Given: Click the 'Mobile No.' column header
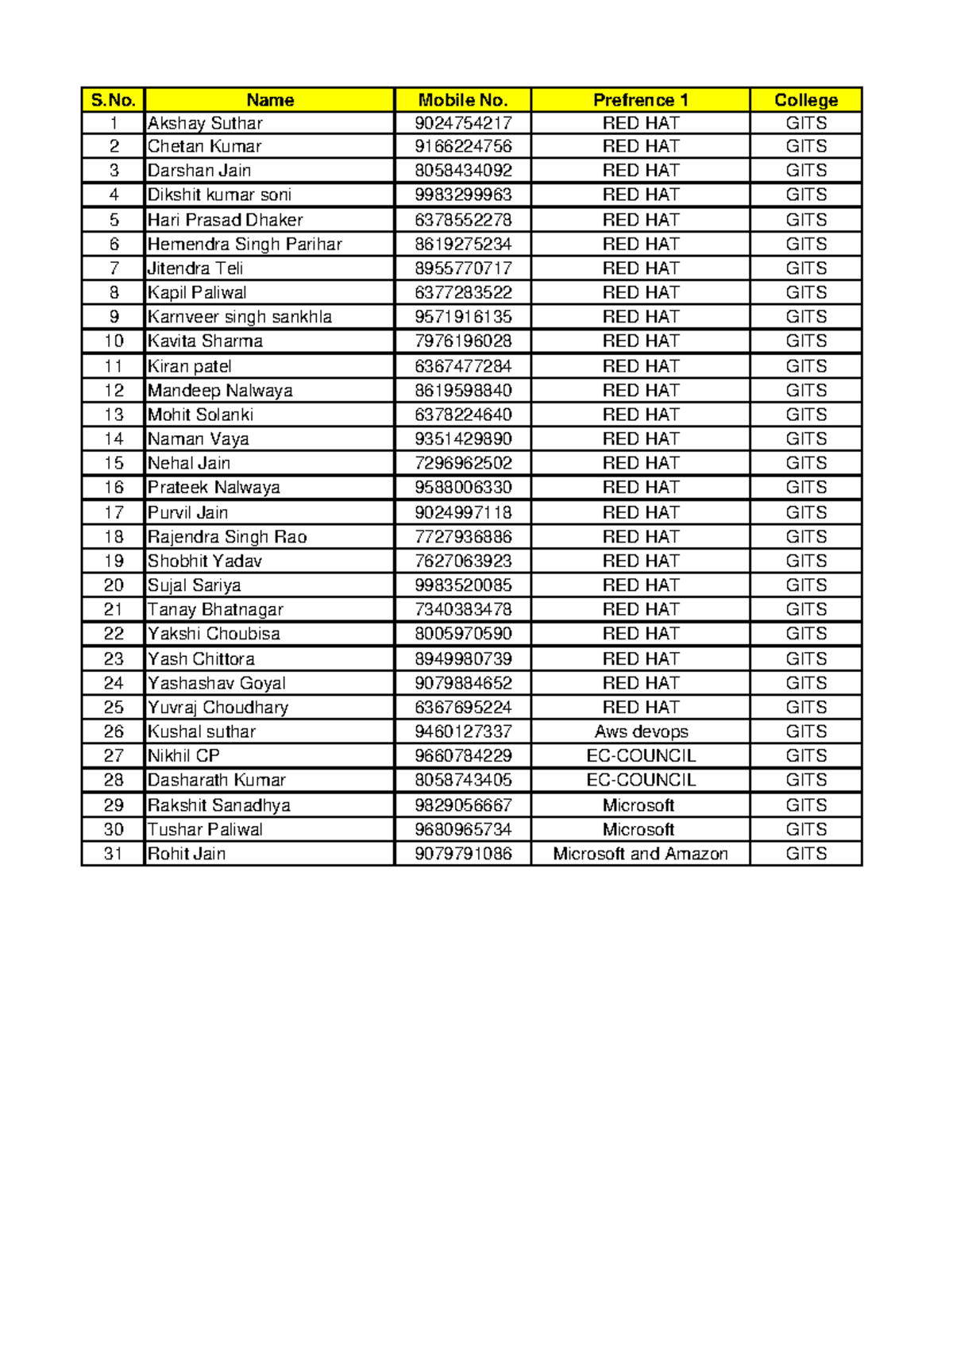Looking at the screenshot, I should pos(462,100).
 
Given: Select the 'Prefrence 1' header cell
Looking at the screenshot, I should pos(640,100).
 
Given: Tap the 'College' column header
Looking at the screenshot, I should pos(805,100).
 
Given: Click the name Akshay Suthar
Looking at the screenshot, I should pos(205,123).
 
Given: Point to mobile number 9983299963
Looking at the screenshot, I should pos(463,195).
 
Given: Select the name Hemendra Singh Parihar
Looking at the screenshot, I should pos(245,244).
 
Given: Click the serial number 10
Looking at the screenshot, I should pos(114,341).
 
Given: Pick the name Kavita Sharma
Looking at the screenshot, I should pos(205,341).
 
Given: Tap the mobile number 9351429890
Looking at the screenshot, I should pos(463,438).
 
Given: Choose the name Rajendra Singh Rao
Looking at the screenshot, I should pos(227,537).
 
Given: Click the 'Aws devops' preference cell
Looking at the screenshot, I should pos(640,731).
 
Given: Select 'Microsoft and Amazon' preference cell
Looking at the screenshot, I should pos(640,854).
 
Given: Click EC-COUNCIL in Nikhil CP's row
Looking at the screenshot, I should pos(640,755).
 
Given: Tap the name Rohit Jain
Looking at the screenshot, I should pos(187,854).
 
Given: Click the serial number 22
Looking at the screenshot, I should pos(114,634).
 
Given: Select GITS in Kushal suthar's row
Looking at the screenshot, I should pos(805,731).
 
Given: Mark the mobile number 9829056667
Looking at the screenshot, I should pos(463,805).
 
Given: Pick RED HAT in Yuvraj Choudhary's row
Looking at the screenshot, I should pos(640,707).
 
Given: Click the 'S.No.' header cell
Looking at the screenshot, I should pos(114,100).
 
